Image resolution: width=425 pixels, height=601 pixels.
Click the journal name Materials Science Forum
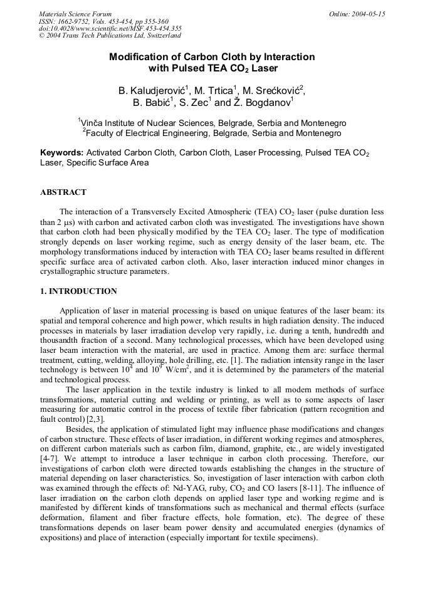(75, 14)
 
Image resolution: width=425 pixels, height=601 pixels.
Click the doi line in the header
(110, 28)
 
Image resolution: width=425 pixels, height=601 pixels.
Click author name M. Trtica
(216, 91)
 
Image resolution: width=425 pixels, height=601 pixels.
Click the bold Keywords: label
(61, 153)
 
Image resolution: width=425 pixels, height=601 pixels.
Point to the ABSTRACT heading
(63, 192)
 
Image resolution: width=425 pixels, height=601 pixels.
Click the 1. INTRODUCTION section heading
(78, 291)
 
